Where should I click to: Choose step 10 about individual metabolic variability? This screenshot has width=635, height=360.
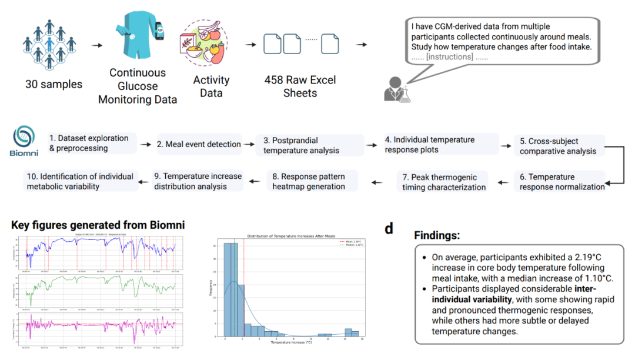coord(79,181)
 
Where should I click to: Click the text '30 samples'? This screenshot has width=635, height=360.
coord(54,84)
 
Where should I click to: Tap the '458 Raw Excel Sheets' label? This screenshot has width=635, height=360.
coord(300,86)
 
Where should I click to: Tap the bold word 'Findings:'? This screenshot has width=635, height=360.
coord(437,235)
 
